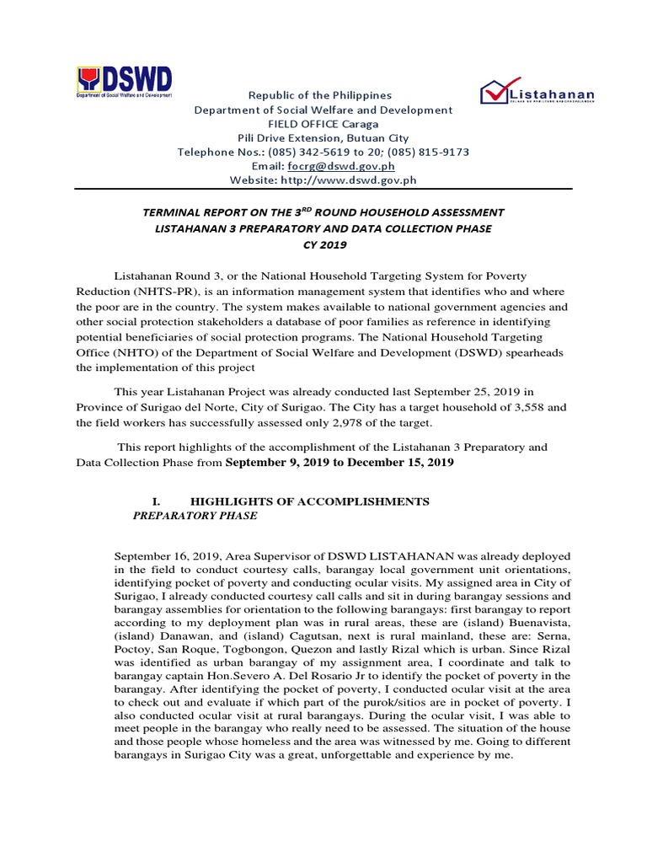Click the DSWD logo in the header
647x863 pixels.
coord(125,83)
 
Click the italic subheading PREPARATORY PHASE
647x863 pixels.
coord(195,516)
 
